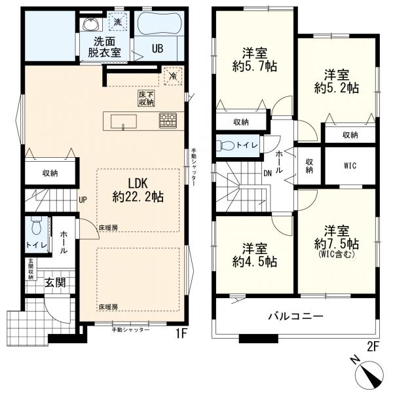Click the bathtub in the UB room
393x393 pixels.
[x=159, y=24]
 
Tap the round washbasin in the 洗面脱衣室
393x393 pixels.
[x=91, y=24]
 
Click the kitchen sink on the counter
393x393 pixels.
[x=124, y=122]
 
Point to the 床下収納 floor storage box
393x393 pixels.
[x=146, y=98]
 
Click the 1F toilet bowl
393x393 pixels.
[x=37, y=226]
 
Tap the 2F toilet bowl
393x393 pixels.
[x=225, y=145]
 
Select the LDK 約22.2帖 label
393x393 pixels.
[x=138, y=191]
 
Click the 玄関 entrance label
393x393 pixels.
[x=55, y=283]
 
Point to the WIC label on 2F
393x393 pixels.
[x=350, y=166]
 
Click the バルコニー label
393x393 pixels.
[x=296, y=316]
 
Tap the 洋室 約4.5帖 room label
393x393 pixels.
[x=255, y=255]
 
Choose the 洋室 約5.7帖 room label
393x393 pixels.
[x=255, y=60]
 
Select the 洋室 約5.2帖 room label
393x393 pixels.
[x=337, y=81]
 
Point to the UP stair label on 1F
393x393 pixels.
[x=83, y=200]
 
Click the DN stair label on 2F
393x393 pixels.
[x=267, y=173]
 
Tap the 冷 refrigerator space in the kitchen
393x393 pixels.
[x=173, y=76]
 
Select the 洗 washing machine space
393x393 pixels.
[x=118, y=22]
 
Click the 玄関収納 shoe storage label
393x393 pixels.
[x=31, y=269]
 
